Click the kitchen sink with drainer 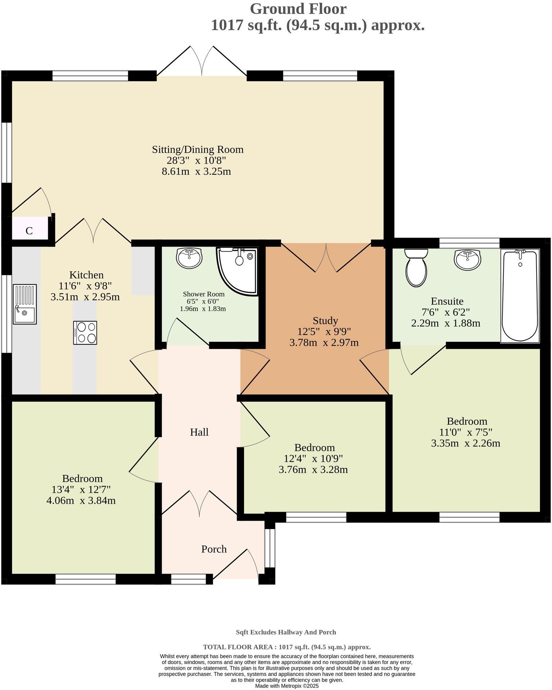[x=25, y=304]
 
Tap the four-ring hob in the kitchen [x=85, y=333]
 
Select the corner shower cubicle [x=237, y=270]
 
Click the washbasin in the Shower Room [x=189, y=258]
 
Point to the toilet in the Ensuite [x=416, y=267]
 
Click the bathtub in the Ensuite [x=520, y=296]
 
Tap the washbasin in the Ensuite [x=467, y=259]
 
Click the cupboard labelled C [x=29, y=231]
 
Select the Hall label [x=199, y=432]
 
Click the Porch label [x=214, y=549]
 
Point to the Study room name [x=325, y=320]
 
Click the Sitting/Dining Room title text [x=198, y=149]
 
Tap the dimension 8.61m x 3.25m [x=196, y=171]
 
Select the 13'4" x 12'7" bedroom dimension [x=81, y=489]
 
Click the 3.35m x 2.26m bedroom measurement [x=465, y=443]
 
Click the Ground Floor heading [x=298, y=9]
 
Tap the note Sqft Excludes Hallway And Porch [x=286, y=632]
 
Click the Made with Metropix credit [x=287, y=686]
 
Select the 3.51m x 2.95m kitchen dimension [x=85, y=297]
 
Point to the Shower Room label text [x=203, y=294]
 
